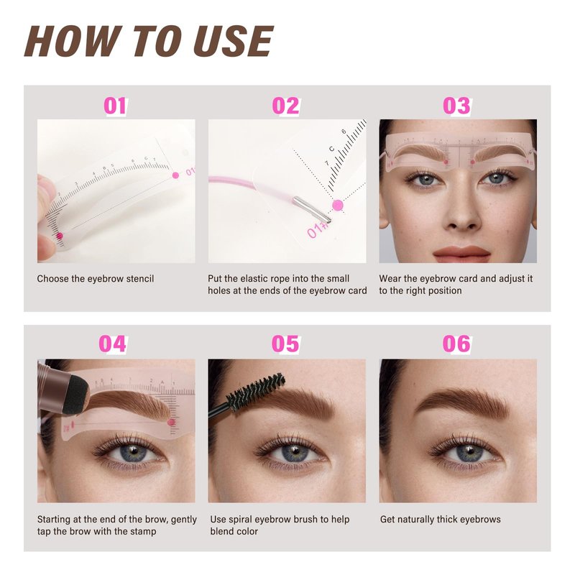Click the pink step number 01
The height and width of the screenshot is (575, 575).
click(x=115, y=106)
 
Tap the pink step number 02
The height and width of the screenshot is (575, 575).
click(x=285, y=106)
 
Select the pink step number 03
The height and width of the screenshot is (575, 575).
click(x=456, y=106)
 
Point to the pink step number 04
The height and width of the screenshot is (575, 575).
click(x=113, y=344)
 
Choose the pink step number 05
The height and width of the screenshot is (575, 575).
click(x=285, y=344)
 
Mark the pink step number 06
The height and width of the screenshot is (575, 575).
click(x=456, y=344)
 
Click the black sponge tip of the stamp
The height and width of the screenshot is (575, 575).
click(x=75, y=393)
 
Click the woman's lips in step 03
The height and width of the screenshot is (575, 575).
click(x=461, y=253)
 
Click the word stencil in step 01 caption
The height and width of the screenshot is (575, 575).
click(x=140, y=279)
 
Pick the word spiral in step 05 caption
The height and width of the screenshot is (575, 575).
click(x=240, y=520)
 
